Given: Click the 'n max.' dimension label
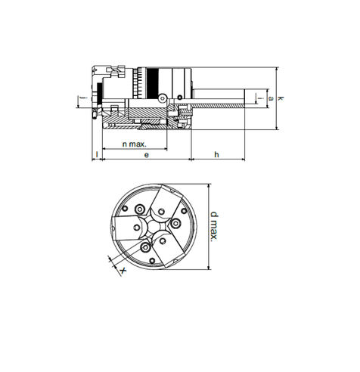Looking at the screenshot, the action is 134,144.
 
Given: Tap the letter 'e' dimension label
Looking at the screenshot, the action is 147,155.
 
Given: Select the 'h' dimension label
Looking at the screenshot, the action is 216,154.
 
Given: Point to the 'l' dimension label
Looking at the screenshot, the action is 97,154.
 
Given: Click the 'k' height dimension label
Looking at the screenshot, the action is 280,98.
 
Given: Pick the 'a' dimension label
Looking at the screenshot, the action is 271,98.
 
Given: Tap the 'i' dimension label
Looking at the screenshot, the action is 262,98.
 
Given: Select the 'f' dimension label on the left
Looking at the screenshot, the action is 84,98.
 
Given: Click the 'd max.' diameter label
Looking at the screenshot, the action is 214,226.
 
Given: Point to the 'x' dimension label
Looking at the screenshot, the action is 123,271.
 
